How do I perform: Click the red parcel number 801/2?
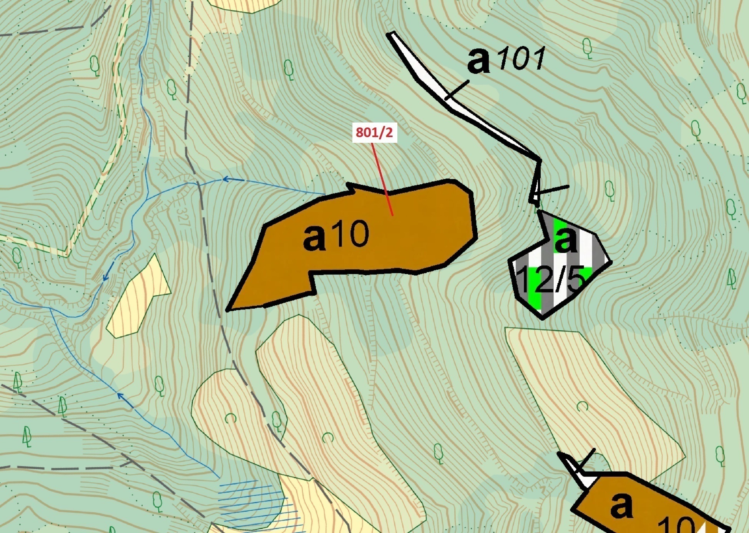[375, 132]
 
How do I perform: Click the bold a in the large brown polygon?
[315, 238]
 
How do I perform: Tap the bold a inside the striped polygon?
[566, 240]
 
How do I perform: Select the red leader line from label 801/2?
[382, 179]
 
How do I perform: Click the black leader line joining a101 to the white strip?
[457, 90]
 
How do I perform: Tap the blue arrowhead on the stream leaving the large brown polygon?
[227, 179]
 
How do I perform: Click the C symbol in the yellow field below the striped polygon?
[583, 406]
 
